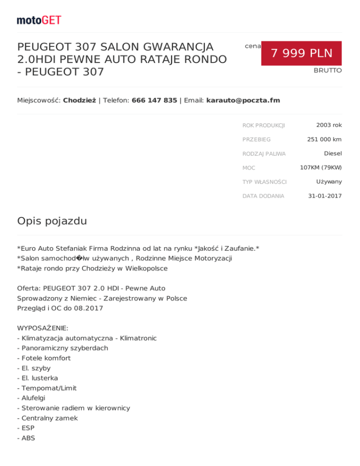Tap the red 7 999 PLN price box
tap(301, 53)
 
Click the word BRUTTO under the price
tap(328, 70)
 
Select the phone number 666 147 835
tap(154, 100)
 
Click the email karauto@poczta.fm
tap(243, 100)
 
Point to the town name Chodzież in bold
tap(79, 100)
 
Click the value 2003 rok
tap(329, 125)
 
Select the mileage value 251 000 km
tap(324, 139)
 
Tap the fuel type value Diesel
tap(332, 153)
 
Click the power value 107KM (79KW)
tap(321, 167)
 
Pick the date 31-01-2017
tap(324, 195)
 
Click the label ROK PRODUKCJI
tap(263, 125)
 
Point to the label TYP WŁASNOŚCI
tap(264, 181)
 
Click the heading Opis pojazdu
tap(52, 221)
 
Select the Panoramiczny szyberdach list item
tap(62, 348)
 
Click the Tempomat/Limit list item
tap(46, 388)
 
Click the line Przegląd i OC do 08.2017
tap(60, 308)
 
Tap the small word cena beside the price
tap(253, 46)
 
